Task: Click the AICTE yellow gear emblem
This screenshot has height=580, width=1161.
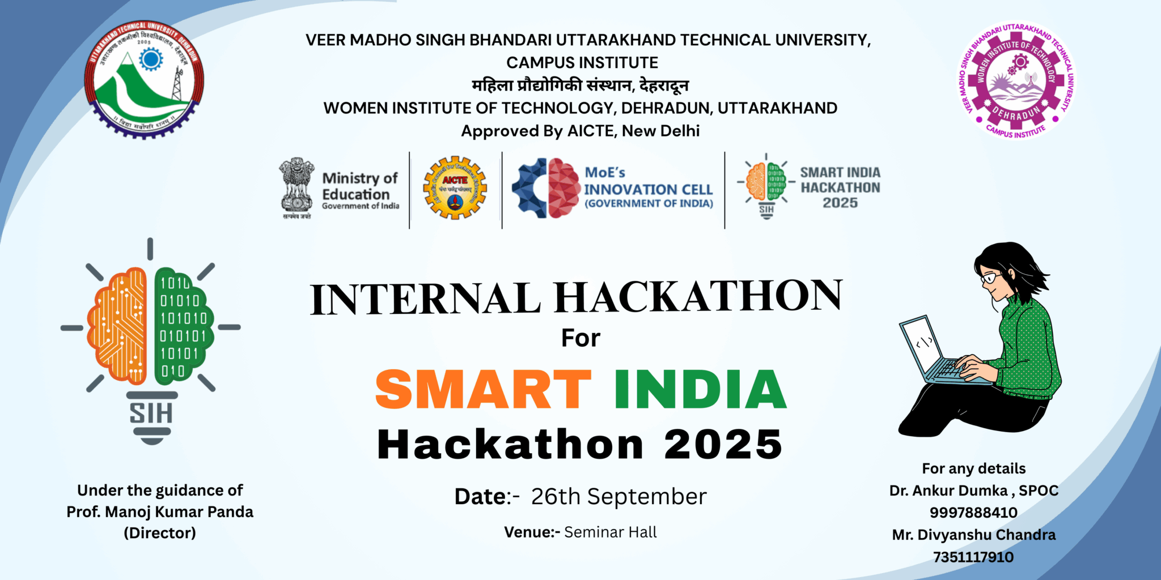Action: point(455,189)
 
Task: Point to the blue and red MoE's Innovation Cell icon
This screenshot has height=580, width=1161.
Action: point(546,188)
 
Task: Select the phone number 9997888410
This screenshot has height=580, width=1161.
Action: point(973,513)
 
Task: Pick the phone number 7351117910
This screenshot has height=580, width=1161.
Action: point(973,557)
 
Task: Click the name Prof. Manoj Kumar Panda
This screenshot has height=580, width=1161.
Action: point(160,511)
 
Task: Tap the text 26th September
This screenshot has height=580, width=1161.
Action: point(618,497)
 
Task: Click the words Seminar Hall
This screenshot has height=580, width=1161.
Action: point(611,532)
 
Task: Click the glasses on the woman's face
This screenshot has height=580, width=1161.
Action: point(990,278)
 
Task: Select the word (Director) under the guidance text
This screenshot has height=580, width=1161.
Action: point(160,533)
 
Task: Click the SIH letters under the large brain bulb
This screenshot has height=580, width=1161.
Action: point(151,413)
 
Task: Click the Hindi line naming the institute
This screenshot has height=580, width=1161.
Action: point(580,86)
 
